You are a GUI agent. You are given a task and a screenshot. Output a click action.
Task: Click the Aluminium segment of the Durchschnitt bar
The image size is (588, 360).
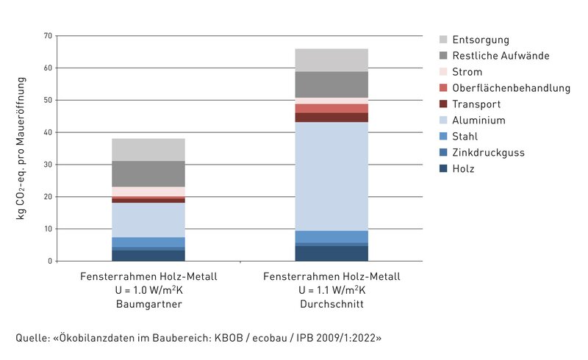pos(331,176)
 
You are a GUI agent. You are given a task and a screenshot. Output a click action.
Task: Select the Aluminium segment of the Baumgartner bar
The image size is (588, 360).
pos(148,220)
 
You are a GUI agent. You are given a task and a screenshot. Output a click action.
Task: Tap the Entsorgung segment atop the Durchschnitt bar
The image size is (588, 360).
pos(331,60)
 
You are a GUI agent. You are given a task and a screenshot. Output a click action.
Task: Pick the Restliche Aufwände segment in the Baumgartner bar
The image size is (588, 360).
pos(148,174)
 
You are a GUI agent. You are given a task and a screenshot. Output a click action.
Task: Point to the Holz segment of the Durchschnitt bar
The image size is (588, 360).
pos(331,253)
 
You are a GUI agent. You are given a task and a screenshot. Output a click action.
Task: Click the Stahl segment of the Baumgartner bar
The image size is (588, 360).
pos(148,242)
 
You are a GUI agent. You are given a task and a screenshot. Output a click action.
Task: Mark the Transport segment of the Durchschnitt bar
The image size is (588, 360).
pos(331,118)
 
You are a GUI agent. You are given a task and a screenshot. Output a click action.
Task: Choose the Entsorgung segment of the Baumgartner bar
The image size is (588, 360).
pos(148,150)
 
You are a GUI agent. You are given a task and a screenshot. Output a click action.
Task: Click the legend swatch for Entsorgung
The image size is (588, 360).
pos(444,40)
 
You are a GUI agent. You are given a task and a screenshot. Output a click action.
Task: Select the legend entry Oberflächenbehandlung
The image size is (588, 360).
pos(511,88)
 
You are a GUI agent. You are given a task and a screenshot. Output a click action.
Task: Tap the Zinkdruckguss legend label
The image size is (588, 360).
pos(488,153)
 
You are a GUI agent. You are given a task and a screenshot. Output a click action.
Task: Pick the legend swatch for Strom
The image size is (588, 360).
pos(444,72)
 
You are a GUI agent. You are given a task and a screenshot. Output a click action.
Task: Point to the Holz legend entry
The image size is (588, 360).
pos(463,169)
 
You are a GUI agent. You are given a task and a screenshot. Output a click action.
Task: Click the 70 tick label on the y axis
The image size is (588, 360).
pos(48,35)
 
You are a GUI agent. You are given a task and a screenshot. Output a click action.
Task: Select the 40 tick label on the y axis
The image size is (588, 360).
pos(48,132)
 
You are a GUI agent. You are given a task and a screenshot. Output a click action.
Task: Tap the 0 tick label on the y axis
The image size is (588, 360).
pos(51,262)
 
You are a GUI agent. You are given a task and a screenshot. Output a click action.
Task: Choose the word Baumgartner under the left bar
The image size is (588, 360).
pos(149,303)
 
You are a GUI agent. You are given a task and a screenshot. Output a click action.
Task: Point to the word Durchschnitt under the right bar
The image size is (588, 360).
pos(331,303)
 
